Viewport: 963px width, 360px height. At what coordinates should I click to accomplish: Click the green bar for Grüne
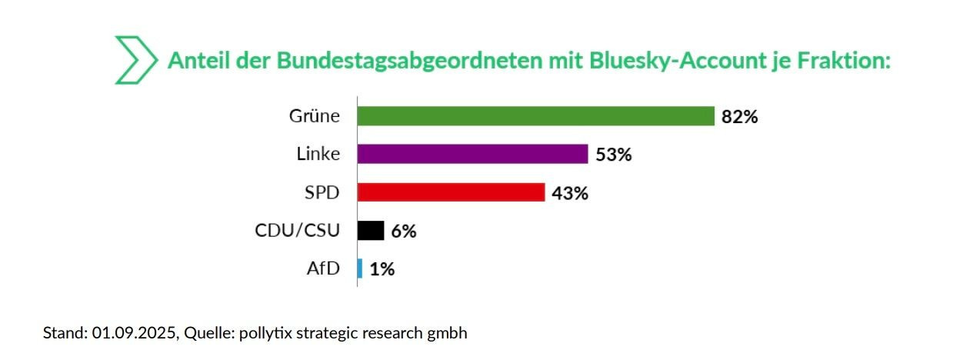coord(536,116)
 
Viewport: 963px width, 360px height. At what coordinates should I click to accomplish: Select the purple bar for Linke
coord(473,154)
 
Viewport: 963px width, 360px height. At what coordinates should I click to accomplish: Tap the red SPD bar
coord(452,192)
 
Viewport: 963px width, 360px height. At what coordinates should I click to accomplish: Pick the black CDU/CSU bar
coord(371,231)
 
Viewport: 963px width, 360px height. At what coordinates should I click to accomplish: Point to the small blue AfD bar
coord(360,268)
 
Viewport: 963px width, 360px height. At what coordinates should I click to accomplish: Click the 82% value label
coord(740,117)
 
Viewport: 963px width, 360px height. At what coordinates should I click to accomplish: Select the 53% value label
coord(613,155)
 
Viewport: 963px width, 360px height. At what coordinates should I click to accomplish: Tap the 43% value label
coord(570,193)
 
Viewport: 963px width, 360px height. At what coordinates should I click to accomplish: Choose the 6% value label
coord(403,231)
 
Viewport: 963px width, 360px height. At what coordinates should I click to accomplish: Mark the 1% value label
coord(382,269)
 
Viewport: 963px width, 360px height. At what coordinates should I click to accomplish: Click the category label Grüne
coord(314,116)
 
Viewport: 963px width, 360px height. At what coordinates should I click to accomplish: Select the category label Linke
coord(318,154)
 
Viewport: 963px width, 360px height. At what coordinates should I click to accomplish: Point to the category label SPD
coord(322,192)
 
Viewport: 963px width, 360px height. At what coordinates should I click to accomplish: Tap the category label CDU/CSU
coord(297,230)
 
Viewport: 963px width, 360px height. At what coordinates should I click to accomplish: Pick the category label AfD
coord(323,268)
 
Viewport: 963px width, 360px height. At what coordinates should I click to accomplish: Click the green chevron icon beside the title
coord(135,59)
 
